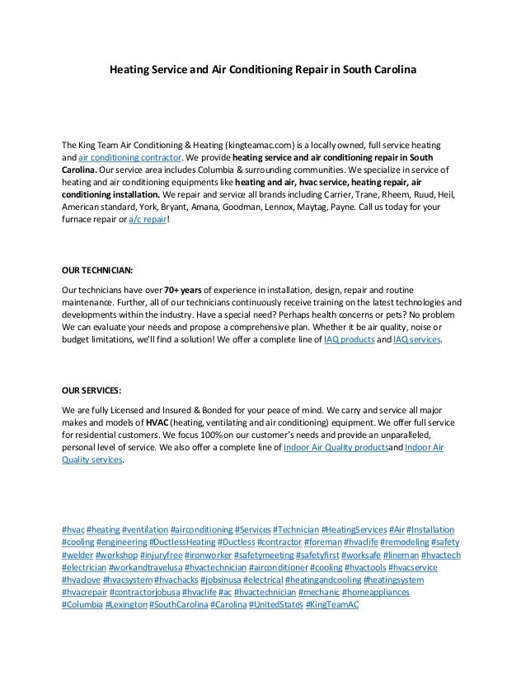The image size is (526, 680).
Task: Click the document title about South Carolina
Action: pyautogui.click(x=263, y=71)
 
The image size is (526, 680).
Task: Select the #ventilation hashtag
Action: pyautogui.click(x=144, y=528)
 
